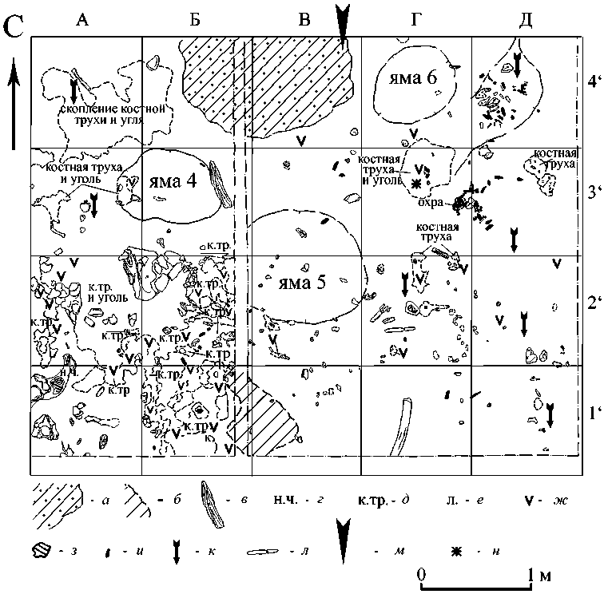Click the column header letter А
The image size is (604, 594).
tap(81, 20)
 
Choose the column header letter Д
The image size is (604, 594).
tap(525, 20)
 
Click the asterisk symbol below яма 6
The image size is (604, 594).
tap(415, 184)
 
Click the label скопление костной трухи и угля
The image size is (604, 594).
tap(116, 113)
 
